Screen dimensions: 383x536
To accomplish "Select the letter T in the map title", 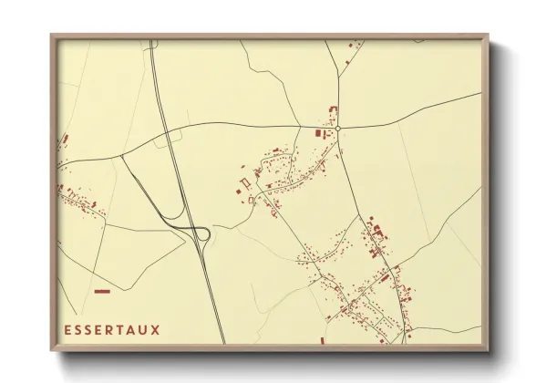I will coord(122,329).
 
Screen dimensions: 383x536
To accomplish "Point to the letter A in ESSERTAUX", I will coord(133,329).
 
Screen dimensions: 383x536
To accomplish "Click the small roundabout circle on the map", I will coord(337,129).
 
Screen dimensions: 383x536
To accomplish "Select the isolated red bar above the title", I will coord(102,291).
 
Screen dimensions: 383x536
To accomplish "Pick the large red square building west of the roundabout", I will coord(318,134).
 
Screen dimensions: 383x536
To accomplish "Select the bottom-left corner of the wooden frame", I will coord(52,350).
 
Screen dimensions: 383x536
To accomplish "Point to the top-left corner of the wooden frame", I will coord(52,36).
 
